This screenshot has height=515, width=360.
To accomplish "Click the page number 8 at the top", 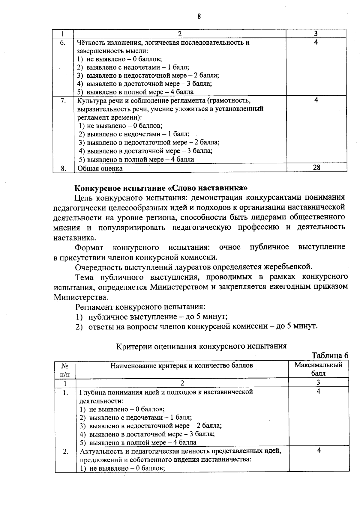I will pos(199,16).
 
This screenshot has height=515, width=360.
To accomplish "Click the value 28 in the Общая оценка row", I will pos(316,168).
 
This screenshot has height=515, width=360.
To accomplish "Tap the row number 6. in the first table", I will pos(63,42).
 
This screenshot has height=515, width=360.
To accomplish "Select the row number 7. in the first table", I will pos(63,100).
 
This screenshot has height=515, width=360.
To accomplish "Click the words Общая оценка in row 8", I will pos(100,168).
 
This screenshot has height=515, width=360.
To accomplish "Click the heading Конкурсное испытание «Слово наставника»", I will pos(161,188).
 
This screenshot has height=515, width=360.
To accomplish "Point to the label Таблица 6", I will pos(330,356).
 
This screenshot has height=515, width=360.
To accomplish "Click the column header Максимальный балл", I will pos(318,369).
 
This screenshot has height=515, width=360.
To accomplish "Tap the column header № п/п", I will pos(65,370).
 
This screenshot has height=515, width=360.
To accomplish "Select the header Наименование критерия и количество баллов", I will pos(182,365).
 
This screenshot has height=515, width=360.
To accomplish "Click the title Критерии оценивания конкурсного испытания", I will pos(201,346).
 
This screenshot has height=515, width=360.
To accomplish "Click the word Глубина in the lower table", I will pos(91,392).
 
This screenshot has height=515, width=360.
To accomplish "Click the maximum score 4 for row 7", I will pos(316,100).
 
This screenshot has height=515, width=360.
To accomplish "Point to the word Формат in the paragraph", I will pos(89,247).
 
